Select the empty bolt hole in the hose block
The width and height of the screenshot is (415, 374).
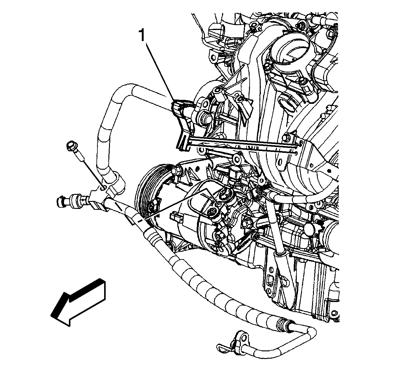point(102,188)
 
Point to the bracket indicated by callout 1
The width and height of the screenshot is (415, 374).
point(182,124)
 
